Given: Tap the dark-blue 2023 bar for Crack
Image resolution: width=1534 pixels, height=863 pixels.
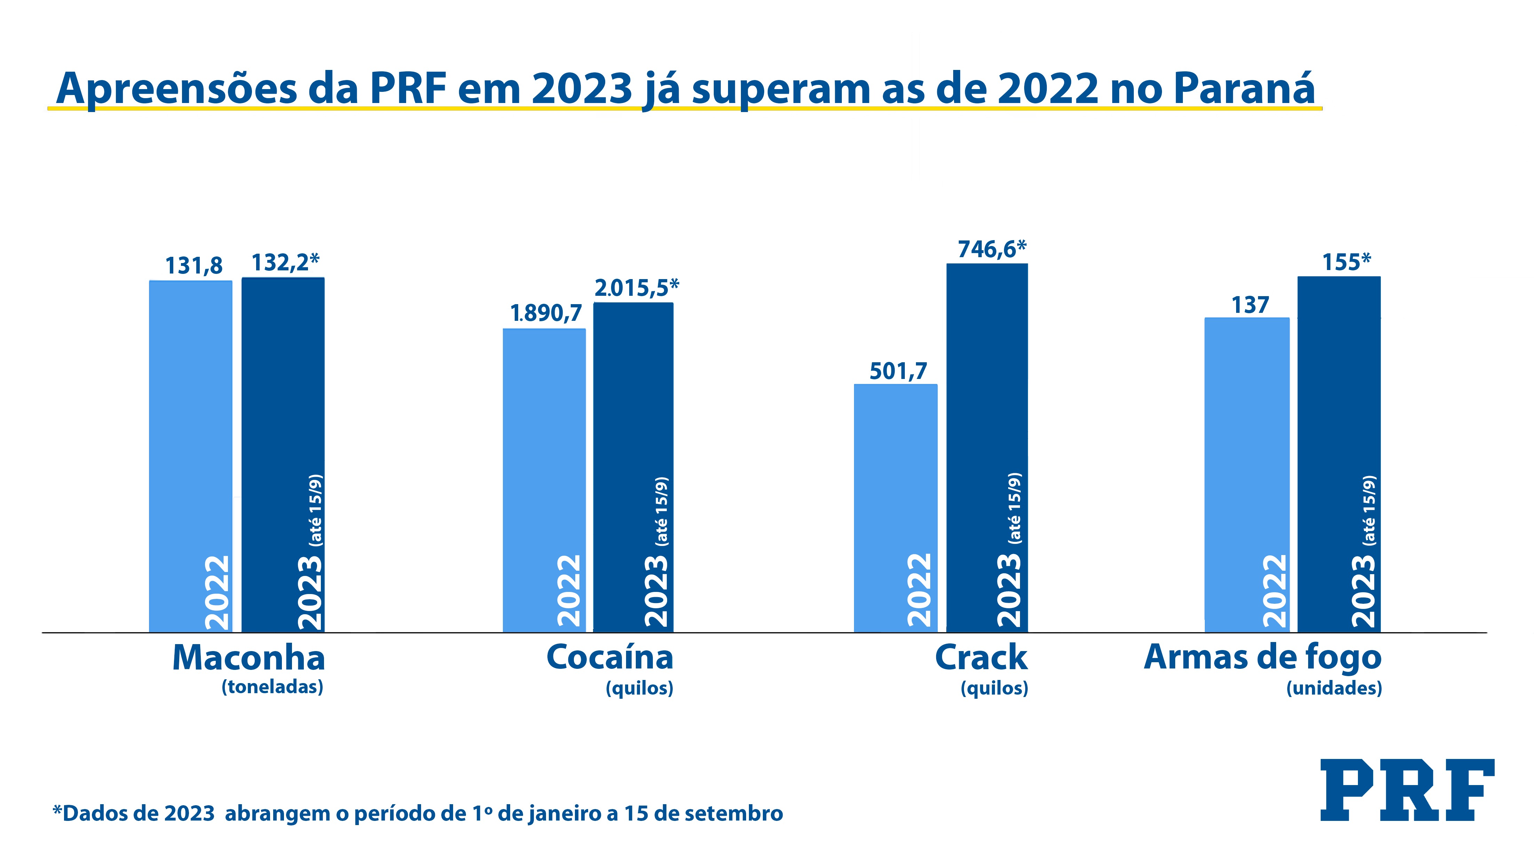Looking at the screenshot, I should [987, 447].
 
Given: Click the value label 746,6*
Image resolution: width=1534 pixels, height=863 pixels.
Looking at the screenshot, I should [991, 249].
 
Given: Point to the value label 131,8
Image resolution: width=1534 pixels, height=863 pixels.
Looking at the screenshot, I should [193, 266].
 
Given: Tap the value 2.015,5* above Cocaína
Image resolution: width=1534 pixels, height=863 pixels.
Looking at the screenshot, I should [636, 288].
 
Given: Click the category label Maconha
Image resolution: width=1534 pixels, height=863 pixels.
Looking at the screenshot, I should [248, 658].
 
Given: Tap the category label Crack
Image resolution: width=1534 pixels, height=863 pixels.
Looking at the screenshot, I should [981, 658].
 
